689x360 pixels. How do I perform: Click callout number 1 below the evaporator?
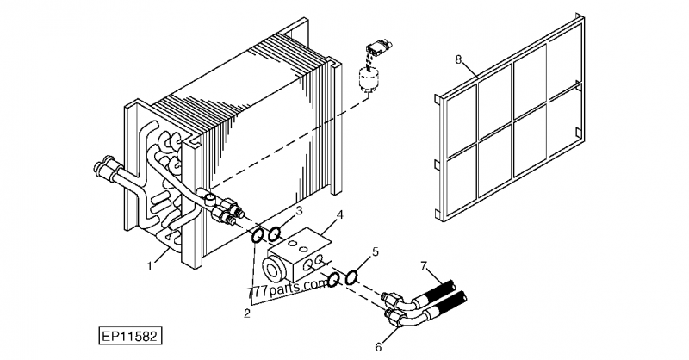point(150,265)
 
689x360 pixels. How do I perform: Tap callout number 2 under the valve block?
point(246,313)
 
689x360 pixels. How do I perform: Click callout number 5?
point(375,252)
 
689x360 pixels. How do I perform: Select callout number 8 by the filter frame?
point(459,59)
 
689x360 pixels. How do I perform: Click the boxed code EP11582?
point(130,332)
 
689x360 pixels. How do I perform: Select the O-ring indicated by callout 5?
point(351,277)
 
